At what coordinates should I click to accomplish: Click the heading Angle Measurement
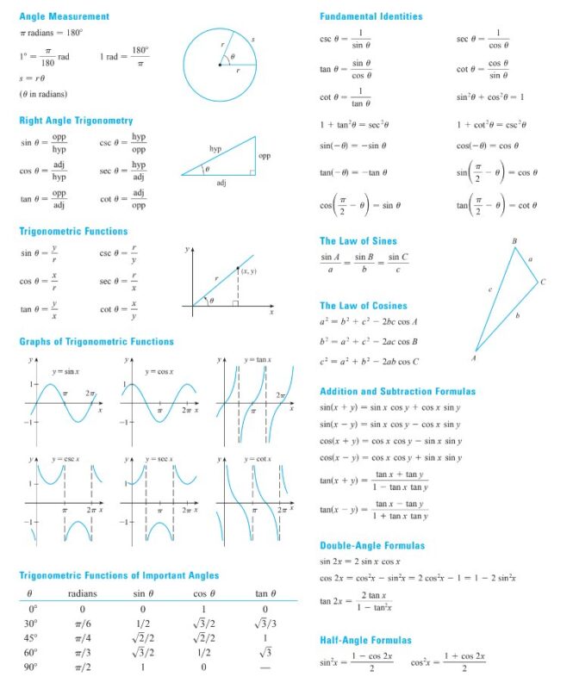(x=64, y=16)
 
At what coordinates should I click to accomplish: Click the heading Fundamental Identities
(x=371, y=16)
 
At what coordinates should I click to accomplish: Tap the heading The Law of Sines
(x=358, y=241)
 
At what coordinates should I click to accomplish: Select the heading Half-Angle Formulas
(x=365, y=640)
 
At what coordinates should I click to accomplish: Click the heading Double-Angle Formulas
(x=372, y=545)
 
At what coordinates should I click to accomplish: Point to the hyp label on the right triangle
(x=215, y=149)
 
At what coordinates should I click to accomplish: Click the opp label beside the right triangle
(x=265, y=157)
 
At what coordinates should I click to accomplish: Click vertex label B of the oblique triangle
(x=514, y=240)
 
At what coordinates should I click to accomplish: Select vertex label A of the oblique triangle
(x=474, y=357)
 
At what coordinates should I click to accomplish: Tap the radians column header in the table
(x=82, y=593)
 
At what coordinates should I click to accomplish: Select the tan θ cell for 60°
(x=266, y=652)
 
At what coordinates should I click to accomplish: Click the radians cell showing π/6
(x=82, y=624)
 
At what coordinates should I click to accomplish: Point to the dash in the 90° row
(x=266, y=667)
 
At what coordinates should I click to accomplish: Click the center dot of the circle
(x=220, y=65)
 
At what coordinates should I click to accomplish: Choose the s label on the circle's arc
(x=252, y=40)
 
